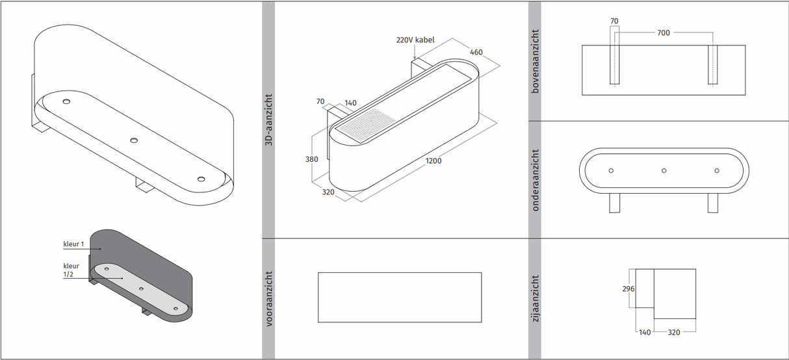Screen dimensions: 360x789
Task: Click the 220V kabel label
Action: (415, 40)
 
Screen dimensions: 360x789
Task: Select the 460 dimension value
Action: (476, 52)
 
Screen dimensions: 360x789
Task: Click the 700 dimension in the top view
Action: (663, 32)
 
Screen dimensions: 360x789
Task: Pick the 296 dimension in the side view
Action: (628, 289)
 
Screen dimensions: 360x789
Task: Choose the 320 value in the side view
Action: (674, 332)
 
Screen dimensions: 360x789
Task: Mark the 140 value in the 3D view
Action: (350, 103)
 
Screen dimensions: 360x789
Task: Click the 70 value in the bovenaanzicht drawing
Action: (614, 21)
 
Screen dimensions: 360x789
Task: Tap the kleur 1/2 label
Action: (71, 270)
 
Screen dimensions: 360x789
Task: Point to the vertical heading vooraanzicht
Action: (268, 298)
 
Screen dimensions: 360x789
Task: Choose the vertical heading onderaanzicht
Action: (535, 181)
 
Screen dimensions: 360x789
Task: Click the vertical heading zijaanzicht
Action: (535, 298)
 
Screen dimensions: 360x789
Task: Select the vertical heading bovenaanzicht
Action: (535, 60)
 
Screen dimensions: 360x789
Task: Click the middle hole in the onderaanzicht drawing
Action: (664, 170)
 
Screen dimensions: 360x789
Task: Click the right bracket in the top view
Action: (713, 64)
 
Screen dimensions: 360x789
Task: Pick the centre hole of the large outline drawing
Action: (133, 140)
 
